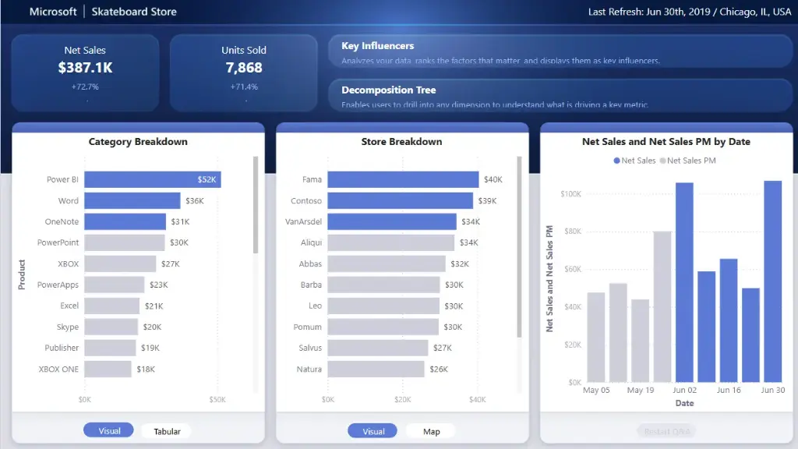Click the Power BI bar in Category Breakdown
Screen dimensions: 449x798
(152, 179)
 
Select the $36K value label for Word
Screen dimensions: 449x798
(194, 201)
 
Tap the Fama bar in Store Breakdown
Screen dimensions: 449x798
(403, 179)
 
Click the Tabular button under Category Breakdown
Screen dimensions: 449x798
(167, 431)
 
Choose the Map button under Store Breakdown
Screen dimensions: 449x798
(431, 431)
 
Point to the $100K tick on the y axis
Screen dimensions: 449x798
(570, 193)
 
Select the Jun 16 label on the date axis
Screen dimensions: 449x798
(729, 390)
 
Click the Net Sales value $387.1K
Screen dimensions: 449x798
(85, 69)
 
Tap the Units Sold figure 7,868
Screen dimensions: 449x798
(244, 69)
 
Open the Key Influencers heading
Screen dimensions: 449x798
(377, 46)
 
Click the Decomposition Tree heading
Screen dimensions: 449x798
(388, 90)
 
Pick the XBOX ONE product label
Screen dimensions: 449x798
(58, 369)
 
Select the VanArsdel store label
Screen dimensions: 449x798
(303, 221)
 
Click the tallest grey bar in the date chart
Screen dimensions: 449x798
(662, 306)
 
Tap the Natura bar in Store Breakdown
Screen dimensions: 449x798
(376, 369)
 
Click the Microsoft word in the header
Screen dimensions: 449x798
(53, 12)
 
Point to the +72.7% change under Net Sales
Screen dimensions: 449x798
(85, 87)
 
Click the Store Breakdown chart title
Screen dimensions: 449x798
(401, 142)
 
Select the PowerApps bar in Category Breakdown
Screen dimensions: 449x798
(114, 285)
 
